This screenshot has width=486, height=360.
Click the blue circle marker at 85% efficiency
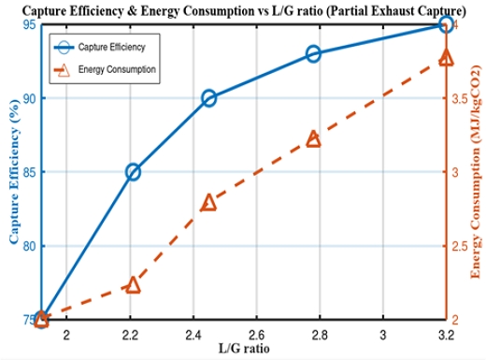[x=133, y=172]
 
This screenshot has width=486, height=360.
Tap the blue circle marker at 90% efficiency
[x=208, y=98]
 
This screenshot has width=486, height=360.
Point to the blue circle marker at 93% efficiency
[x=313, y=53]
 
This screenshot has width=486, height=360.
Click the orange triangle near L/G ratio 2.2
[x=133, y=284]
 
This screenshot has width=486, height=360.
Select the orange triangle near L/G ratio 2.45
[x=208, y=203]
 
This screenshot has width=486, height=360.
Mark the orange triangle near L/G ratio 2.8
[x=313, y=139]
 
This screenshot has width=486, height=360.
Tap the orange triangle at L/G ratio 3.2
[x=446, y=58]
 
